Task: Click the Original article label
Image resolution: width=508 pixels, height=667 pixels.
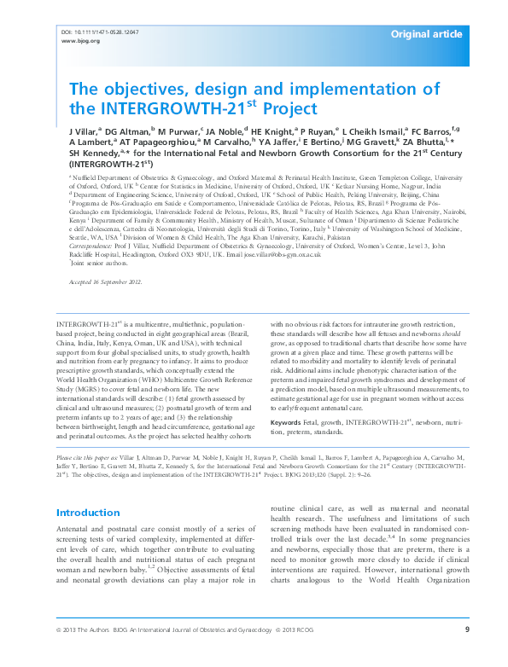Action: (427, 34)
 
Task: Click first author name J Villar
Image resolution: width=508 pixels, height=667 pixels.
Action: (80, 131)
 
